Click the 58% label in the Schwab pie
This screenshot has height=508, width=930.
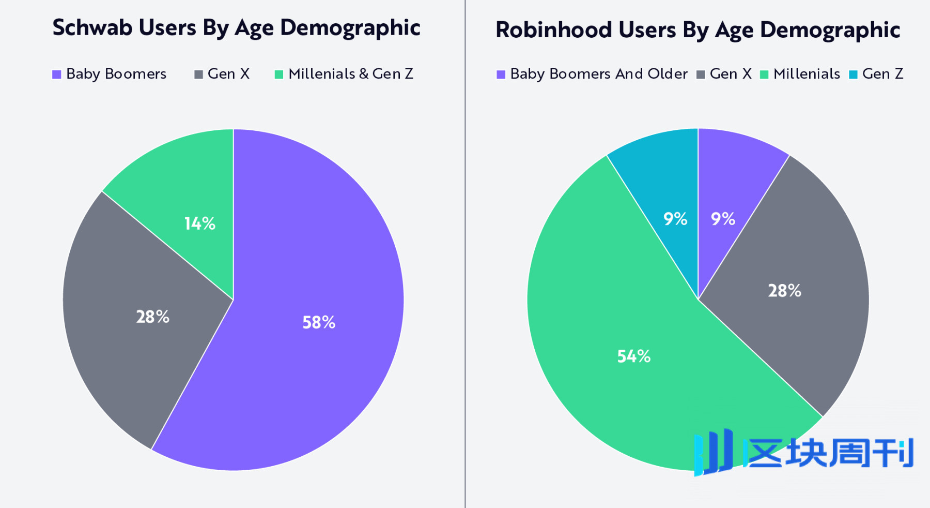pos(319,322)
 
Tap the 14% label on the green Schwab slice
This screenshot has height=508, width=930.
pos(200,223)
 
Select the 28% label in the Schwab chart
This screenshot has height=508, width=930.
pos(152,317)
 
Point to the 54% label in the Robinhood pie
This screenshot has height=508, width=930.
pos(634,356)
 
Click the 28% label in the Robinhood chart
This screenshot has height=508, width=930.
pos(784,291)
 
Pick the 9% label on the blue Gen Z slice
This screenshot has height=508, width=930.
pos(675,219)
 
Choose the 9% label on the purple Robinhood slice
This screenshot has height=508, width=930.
pos(723,219)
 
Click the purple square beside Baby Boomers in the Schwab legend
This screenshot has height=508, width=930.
pos(57,74)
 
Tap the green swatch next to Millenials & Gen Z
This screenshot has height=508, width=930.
pos(279,74)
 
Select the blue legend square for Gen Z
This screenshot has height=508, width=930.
pos(853,74)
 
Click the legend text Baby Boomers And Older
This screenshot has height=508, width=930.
pos(599,74)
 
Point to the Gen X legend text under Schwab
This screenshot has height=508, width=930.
pos(228,74)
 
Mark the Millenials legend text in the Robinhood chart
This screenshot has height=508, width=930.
pos(807,74)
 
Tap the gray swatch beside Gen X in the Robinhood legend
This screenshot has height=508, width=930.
pos(701,74)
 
